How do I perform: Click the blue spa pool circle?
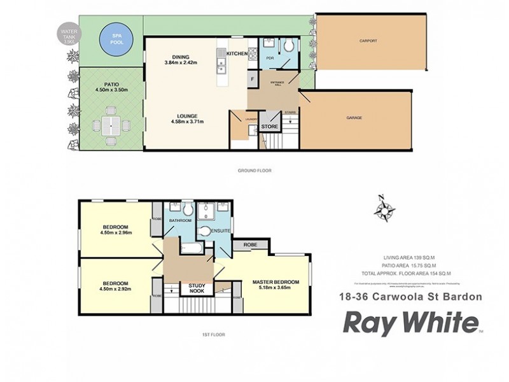tap(116, 38)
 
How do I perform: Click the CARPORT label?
tap(368, 41)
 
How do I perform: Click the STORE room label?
tap(270, 126)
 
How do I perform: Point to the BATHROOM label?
tap(180, 220)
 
